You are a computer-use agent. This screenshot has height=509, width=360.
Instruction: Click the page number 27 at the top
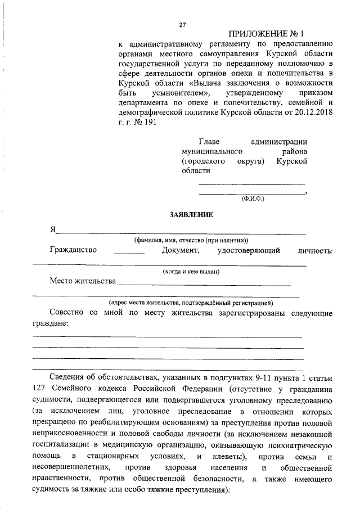point(182,25)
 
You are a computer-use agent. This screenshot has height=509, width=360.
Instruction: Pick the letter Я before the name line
point(53,229)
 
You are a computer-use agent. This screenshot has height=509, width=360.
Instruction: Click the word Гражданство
point(73,250)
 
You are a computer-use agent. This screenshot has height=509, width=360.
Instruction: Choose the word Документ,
point(180,250)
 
